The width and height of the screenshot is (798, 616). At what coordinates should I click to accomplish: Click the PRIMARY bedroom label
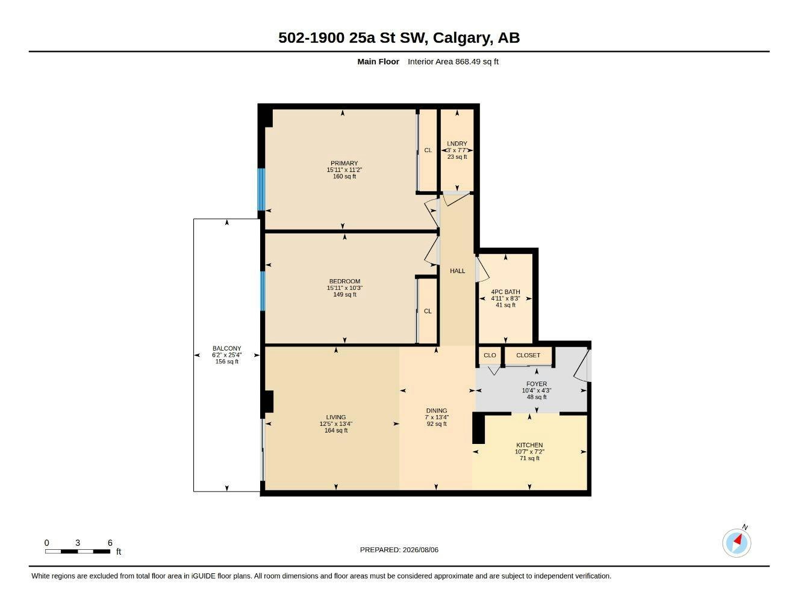pos(344,163)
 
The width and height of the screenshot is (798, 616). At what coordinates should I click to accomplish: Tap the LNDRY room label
pos(457,144)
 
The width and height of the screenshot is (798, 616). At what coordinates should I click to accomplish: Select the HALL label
pos(458,271)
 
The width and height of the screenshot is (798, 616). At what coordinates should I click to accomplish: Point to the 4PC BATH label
pos(506,292)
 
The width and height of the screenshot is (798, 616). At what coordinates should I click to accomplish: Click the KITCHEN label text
pos(529,445)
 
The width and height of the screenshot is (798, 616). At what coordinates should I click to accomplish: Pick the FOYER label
pos(537,384)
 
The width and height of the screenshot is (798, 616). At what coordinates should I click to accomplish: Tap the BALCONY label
pos(227,348)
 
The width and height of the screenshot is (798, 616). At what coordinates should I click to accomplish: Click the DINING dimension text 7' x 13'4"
pos(437,417)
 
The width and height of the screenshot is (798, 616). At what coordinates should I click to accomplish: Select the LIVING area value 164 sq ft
pos(336,431)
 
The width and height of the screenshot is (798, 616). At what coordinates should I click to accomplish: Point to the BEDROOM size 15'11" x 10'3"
pos(345,288)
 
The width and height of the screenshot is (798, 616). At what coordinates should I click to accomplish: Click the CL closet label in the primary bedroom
pos(428,150)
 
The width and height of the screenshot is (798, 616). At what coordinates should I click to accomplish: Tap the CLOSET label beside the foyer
pos(528,356)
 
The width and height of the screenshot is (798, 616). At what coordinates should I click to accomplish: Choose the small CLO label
pos(490,356)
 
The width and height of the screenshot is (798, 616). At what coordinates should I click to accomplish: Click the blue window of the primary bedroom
pos(261,189)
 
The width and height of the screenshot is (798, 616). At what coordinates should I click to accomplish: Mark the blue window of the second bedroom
pos(263,291)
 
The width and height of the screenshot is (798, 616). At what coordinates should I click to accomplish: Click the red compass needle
pos(738,540)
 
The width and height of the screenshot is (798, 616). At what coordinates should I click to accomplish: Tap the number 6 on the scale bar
pos(110,543)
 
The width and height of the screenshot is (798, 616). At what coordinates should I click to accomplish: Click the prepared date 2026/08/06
pos(420,550)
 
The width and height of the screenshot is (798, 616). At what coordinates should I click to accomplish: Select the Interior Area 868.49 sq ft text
pos(453,61)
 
